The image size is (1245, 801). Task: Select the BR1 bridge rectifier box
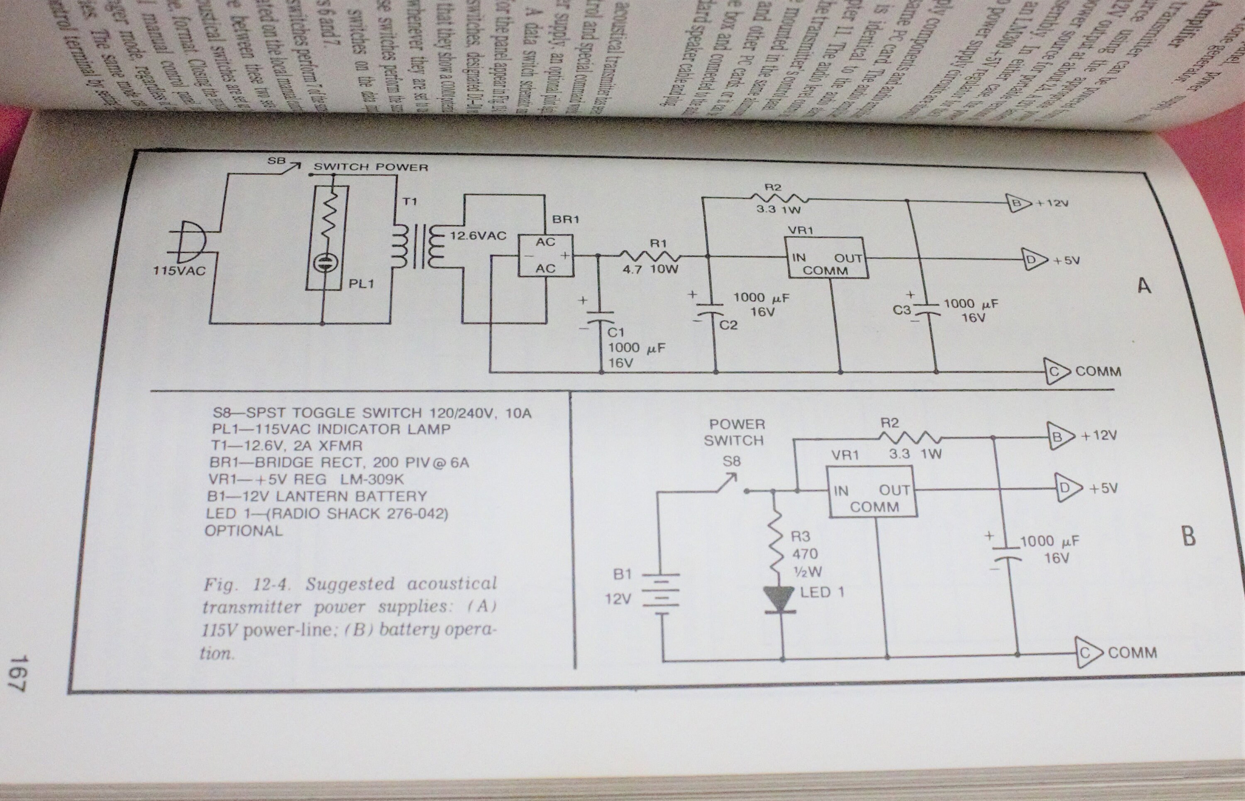[x=545, y=255]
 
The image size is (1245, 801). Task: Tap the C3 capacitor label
[x=901, y=311]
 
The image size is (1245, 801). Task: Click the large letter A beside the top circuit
[x=1144, y=286]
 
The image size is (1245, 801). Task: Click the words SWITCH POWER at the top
[x=371, y=167]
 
